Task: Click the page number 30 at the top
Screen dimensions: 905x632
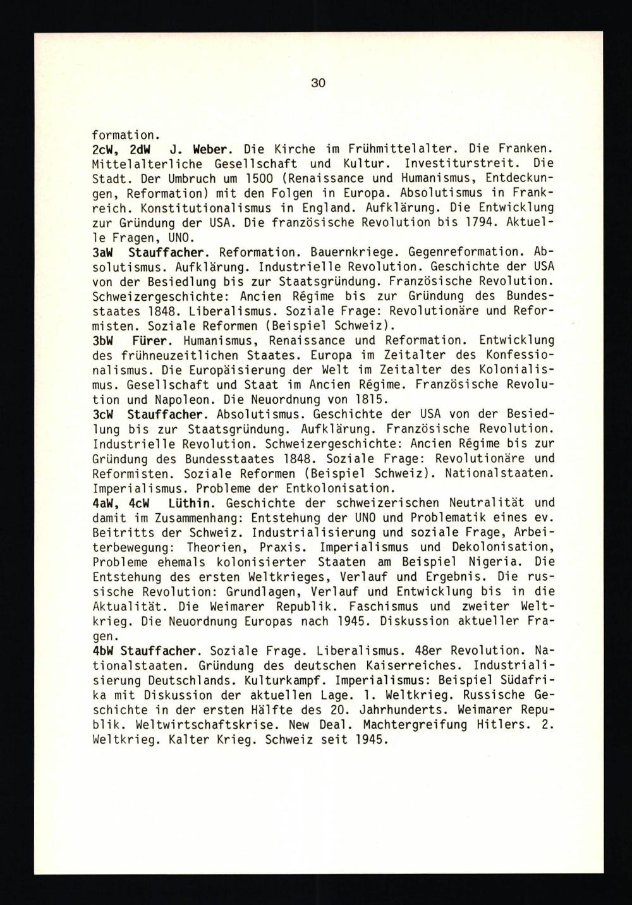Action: coord(318,83)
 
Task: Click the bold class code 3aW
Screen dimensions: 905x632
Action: coord(103,252)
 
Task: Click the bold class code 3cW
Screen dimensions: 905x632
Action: coord(103,415)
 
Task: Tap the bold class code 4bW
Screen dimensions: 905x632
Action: coord(103,650)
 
